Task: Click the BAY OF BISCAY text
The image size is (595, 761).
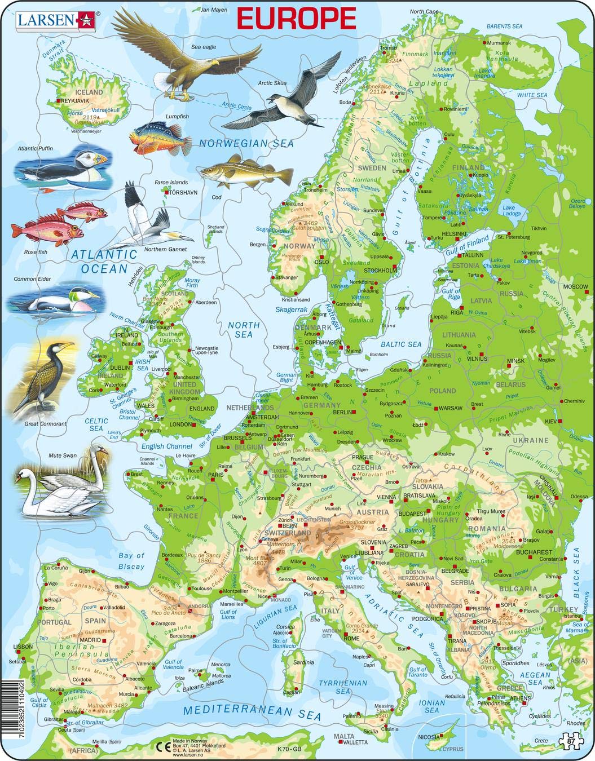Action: [132, 561]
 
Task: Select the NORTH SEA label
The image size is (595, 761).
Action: [244, 330]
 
